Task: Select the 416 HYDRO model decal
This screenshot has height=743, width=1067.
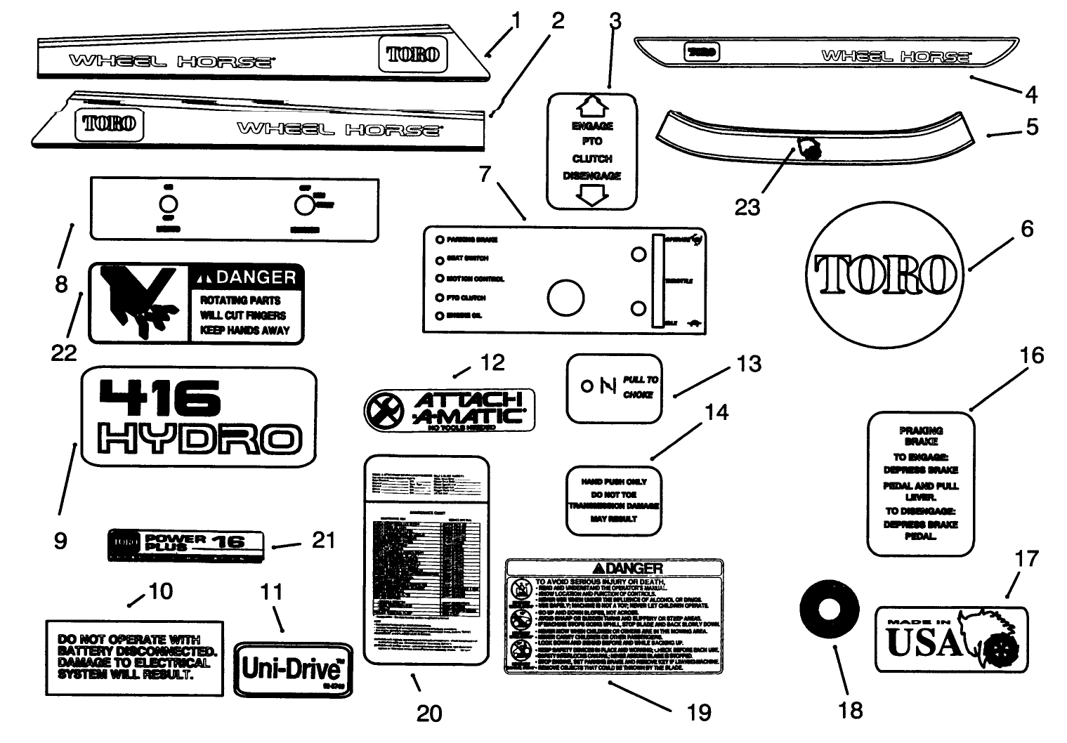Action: [199, 416]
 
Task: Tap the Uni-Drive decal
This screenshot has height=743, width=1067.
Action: [293, 668]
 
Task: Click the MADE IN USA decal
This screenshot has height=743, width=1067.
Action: [950, 639]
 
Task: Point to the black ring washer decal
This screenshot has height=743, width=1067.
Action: [830, 605]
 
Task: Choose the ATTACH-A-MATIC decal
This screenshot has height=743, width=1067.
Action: [450, 409]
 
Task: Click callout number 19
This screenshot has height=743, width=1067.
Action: [698, 712]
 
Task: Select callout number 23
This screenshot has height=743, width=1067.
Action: [747, 207]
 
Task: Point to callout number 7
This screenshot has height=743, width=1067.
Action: [485, 173]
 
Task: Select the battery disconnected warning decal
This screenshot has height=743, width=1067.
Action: [134, 657]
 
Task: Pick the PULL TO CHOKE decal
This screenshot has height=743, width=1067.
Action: [614, 388]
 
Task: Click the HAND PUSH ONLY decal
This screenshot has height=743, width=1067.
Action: [614, 500]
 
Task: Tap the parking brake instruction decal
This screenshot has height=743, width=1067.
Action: [920, 483]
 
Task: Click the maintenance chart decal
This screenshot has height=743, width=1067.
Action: [426, 560]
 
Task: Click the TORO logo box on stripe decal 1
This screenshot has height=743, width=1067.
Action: [413, 54]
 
